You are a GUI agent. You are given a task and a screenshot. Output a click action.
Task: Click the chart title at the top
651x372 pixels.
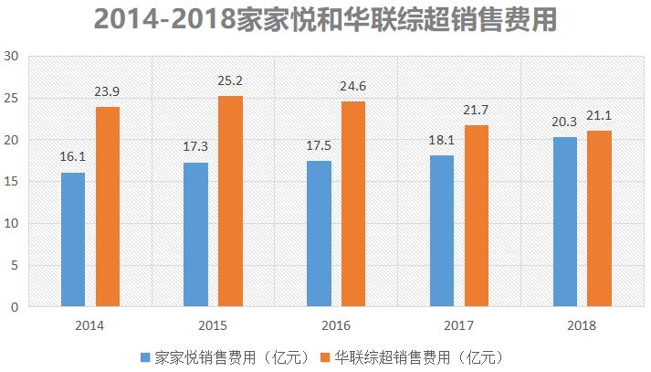point(325,20)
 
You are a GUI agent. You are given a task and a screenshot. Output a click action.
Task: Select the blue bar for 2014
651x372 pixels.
point(73,239)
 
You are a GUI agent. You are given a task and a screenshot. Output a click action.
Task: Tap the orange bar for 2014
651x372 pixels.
point(107,207)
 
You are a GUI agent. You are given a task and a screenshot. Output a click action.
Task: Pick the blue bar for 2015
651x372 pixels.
point(196,235)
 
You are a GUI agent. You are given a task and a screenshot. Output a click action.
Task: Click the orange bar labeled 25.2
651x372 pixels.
point(230,201)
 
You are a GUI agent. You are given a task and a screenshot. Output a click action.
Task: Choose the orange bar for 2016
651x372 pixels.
point(353,204)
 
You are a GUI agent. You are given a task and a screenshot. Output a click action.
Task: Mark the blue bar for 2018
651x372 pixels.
point(565,222)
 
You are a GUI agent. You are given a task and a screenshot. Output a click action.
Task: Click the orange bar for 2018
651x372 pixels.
point(599,218)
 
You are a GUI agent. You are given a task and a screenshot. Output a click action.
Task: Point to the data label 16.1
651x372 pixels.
point(73,156)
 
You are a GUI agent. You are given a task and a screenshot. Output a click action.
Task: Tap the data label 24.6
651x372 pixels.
point(353,87)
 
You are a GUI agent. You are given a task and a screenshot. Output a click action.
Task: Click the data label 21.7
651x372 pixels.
point(476,111)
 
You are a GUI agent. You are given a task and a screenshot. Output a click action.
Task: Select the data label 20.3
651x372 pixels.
point(565,122)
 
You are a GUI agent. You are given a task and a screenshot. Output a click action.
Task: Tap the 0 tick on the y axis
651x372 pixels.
point(15,308)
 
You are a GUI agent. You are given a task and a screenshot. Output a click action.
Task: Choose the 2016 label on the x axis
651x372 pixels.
point(336,325)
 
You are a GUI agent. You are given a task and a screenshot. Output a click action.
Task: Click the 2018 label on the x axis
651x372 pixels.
point(582,325)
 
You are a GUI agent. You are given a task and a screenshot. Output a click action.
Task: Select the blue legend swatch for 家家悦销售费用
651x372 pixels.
point(146,356)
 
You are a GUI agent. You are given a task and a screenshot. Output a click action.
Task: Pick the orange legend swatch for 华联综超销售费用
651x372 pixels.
point(325,356)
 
